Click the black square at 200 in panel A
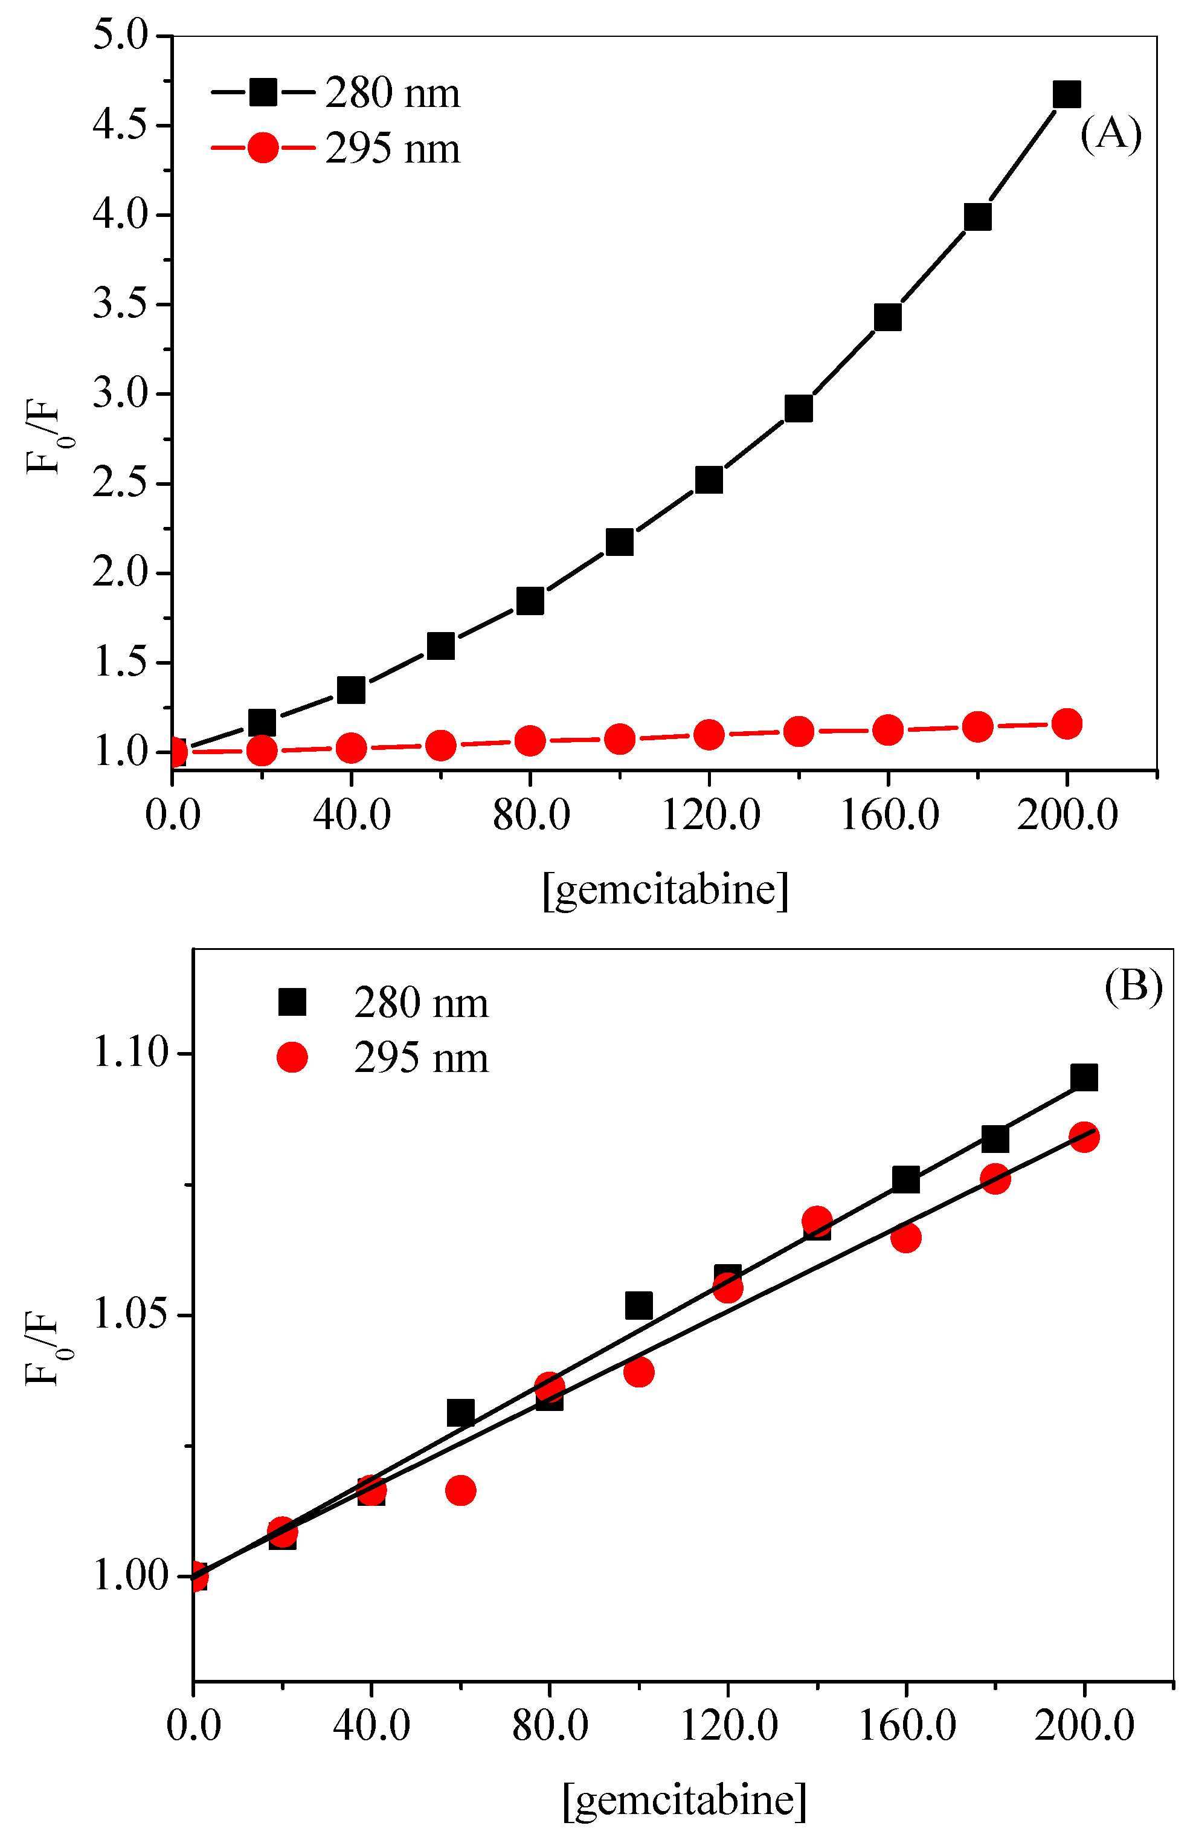click(x=1066, y=94)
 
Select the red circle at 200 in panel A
click(x=1066, y=724)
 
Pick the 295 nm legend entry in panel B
click(x=420, y=1057)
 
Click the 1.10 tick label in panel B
click(x=130, y=1051)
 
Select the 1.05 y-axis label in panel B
click(x=130, y=1313)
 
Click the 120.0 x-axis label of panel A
click(x=710, y=815)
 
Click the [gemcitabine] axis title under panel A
click(x=664, y=889)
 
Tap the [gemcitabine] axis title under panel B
click(x=684, y=1800)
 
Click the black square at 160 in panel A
click(x=887, y=317)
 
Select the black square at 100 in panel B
click(x=638, y=1306)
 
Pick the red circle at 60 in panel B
click(x=461, y=1490)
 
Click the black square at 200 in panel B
click(x=1083, y=1077)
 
